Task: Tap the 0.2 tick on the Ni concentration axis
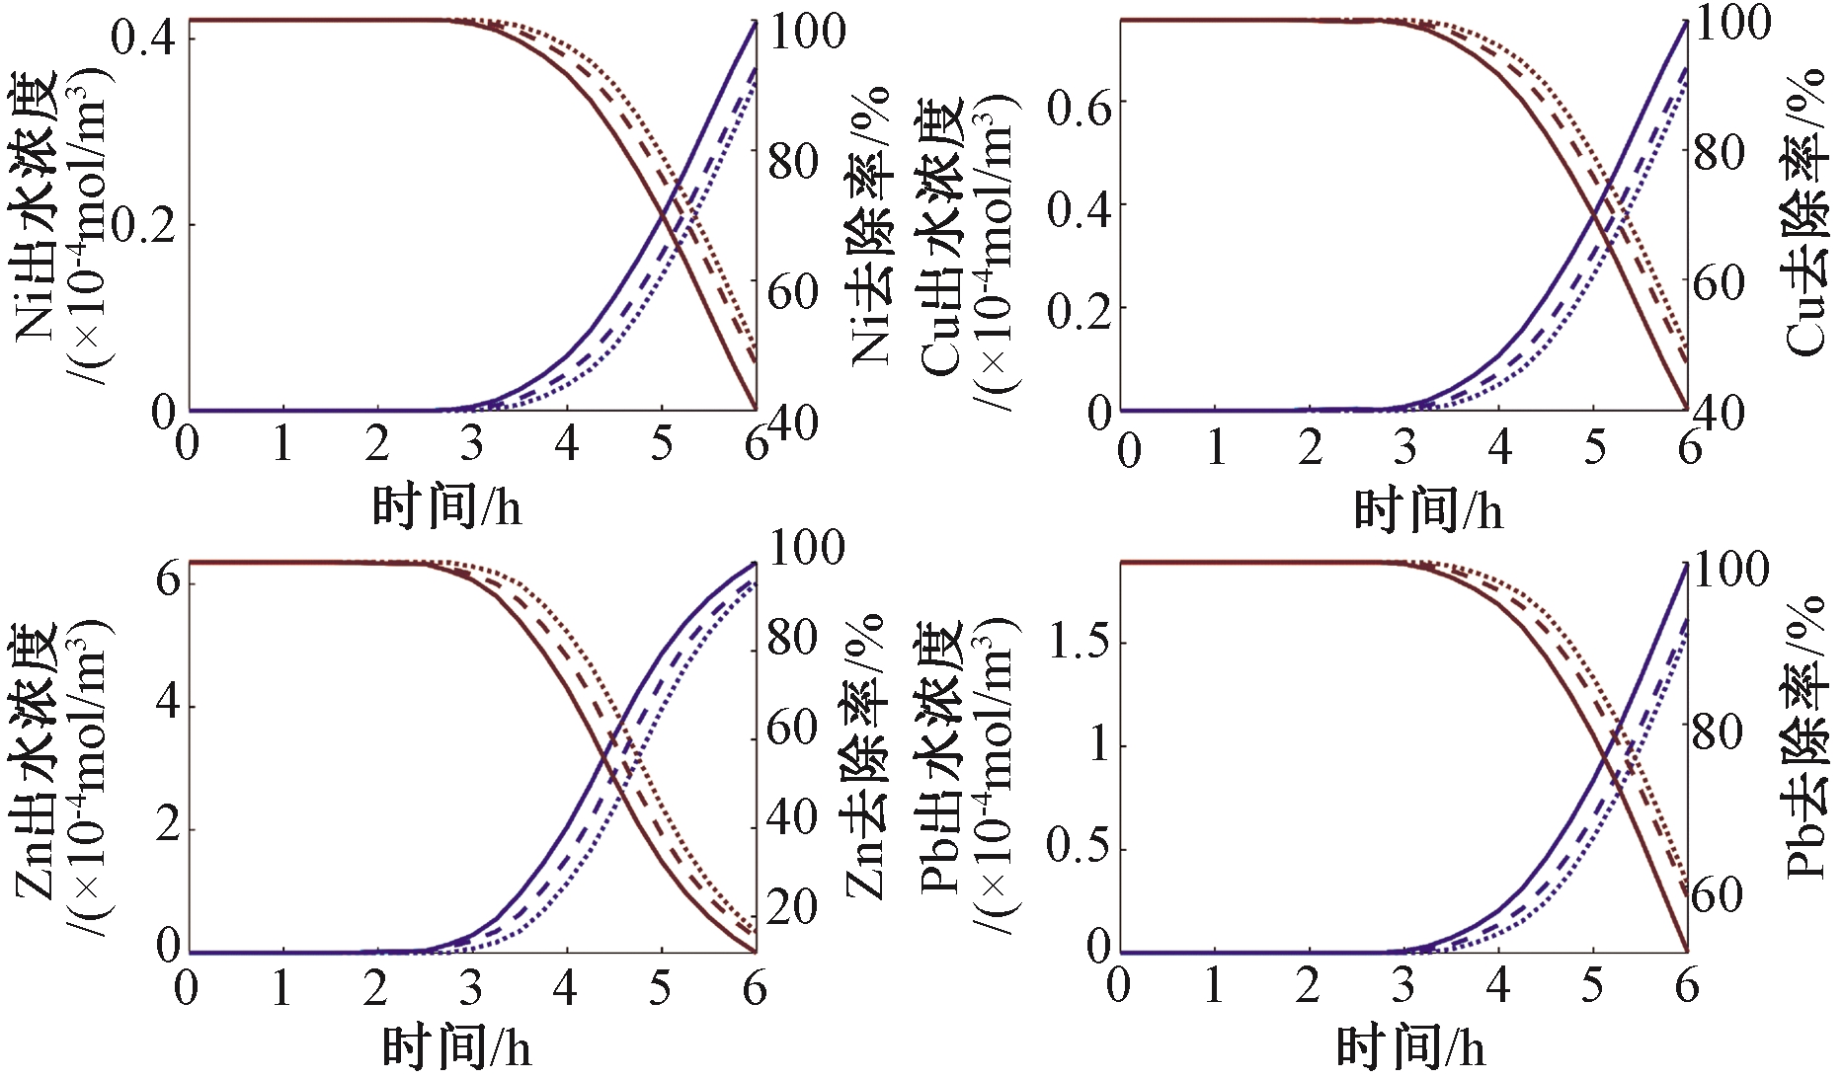[142, 225]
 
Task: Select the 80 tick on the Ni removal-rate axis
[794, 161]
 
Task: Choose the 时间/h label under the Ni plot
[446, 507]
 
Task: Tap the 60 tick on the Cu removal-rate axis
[1720, 282]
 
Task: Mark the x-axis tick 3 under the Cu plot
[1404, 448]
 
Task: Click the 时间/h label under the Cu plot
[1428, 511]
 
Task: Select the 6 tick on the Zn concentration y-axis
[168, 579]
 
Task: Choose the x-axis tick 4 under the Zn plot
[565, 987]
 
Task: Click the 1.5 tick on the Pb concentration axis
[1079, 642]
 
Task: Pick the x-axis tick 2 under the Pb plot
[1308, 985]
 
